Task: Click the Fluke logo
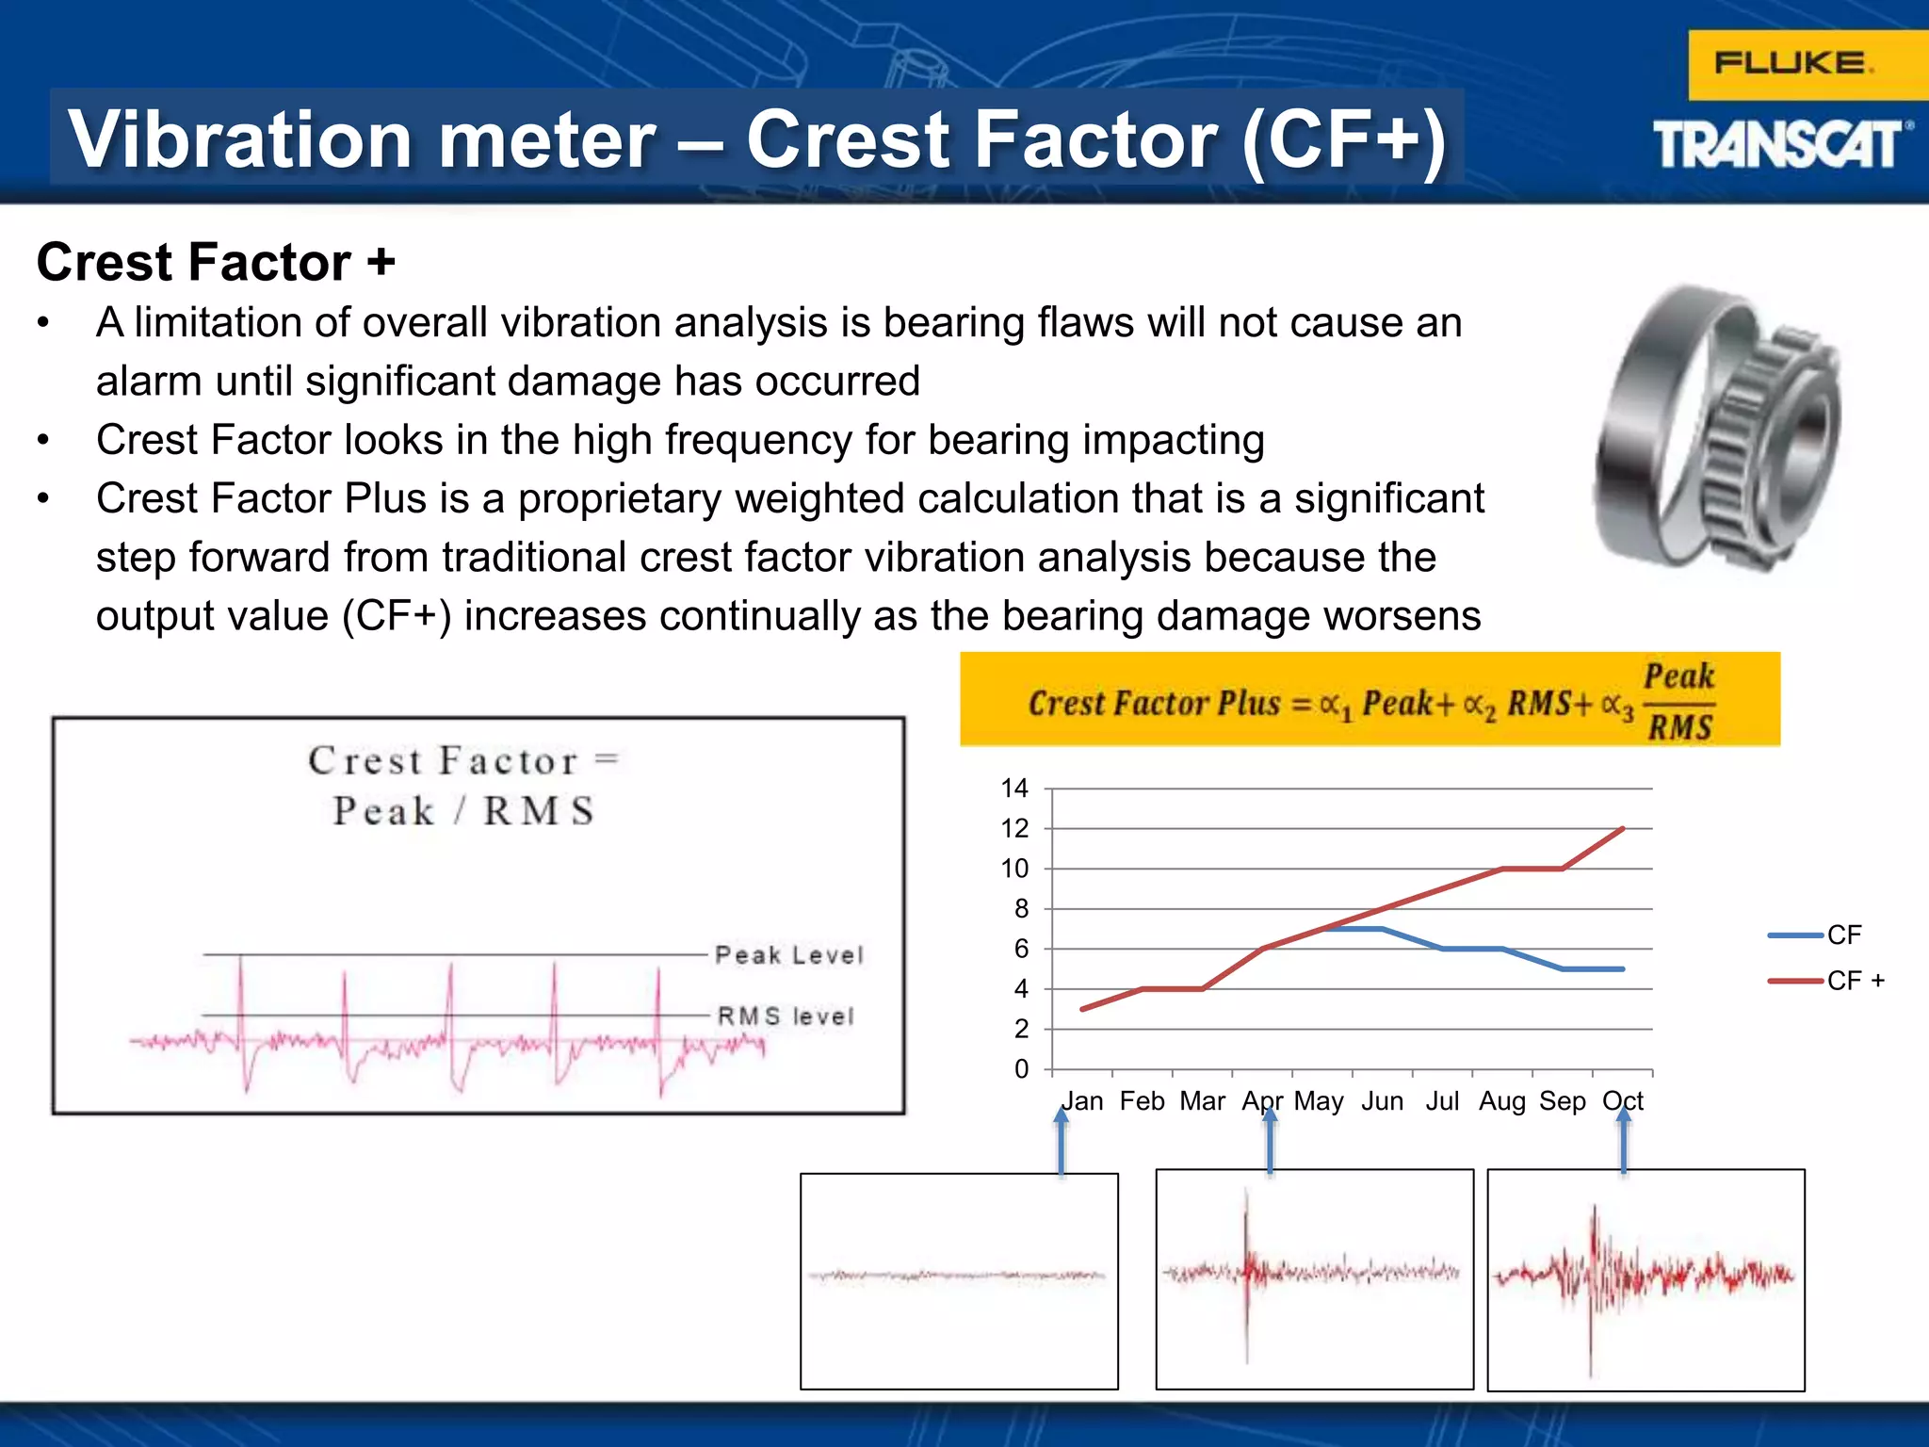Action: [1792, 64]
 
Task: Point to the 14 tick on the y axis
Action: [1014, 789]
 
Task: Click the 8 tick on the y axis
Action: [1021, 909]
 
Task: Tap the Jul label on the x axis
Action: [1442, 1101]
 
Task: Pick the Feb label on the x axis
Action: [1142, 1101]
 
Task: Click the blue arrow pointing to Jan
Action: [1062, 1142]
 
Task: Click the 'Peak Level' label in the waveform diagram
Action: [788, 955]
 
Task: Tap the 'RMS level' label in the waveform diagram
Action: [786, 1016]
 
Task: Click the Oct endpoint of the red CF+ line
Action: [1623, 829]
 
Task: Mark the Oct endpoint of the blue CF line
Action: [1623, 968]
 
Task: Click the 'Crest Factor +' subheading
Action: [216, 262]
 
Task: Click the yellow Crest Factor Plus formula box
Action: [1370, 700]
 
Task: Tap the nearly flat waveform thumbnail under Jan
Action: [959, 1280]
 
